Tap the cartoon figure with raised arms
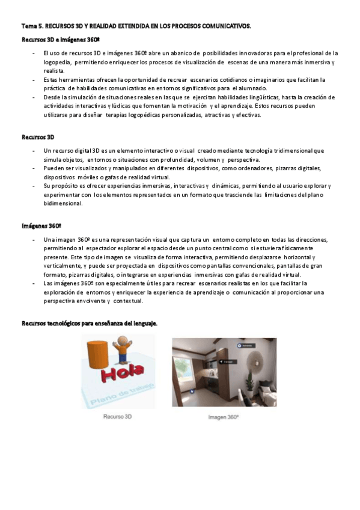pyautogui.click(x=123, y=351)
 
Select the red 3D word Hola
pyautogui.click(x=123, y=376)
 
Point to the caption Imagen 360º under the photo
pyautogui.click(x=223, y=417)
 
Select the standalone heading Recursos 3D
pyautogui.click(x=38, y=137)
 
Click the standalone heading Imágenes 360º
pyautogui.click(x=41, y=226)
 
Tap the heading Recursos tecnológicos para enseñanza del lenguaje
pyautogui.click(x=89, y=324)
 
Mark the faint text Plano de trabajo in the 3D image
pyautogui.click(x=121, y=394)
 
